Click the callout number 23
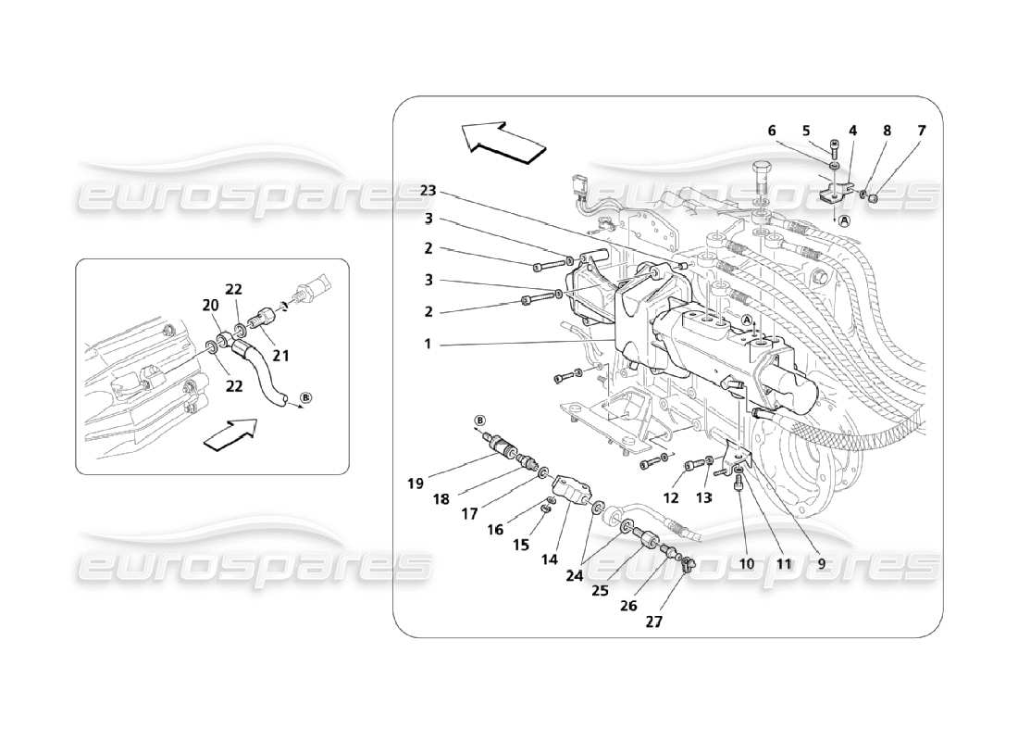coord(428,191)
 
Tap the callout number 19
coord(414,482)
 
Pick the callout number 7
coord(920,132)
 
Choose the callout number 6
coord(772,132)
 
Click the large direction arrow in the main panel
coord(500,141)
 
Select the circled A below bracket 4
coord(844,220)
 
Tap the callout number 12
coord(670,499)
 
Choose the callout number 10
coord(746,562)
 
